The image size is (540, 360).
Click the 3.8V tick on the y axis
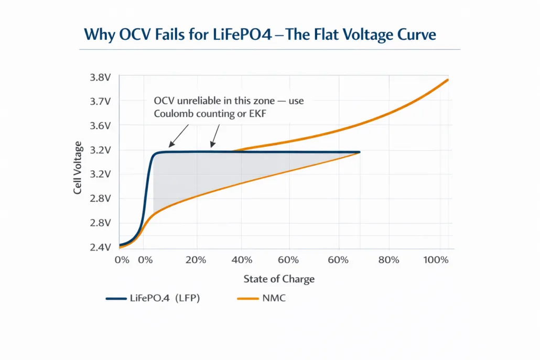100,77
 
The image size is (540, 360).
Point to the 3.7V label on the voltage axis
100,101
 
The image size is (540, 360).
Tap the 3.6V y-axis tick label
100,126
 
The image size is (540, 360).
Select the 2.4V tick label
100,247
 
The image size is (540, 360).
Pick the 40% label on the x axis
242,260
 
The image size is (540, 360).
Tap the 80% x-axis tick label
388,260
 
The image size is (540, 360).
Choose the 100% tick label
436,260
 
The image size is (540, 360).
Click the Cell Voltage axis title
78,168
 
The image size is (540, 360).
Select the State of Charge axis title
279,279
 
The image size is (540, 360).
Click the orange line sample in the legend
248,298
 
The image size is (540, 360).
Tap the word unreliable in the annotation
198,101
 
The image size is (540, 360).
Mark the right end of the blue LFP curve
359,152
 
